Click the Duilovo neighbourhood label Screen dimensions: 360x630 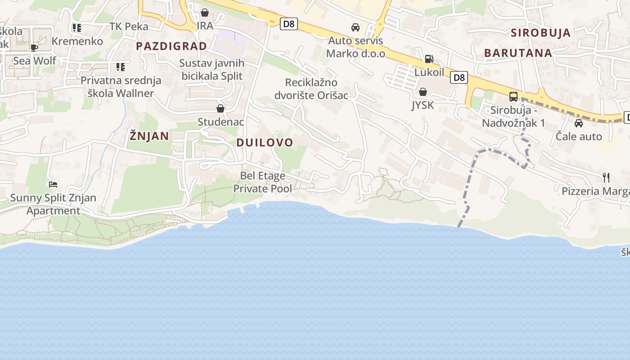click(265, 143)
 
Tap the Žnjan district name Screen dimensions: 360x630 click(149, 136)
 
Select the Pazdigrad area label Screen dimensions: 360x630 click(171, 46)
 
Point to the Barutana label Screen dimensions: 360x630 click(518, 53)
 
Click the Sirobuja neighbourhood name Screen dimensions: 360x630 click(540, 33)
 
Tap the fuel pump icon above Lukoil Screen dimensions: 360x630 click(429, 59)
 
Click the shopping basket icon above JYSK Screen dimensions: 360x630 click(423, 92)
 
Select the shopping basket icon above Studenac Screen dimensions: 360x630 click(220, 108)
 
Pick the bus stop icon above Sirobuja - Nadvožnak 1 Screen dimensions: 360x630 click(513, 96)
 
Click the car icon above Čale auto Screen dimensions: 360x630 click(579, 123)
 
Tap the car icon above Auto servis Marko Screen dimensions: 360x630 click(355, 27)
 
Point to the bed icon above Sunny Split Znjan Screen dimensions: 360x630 click(53, 184)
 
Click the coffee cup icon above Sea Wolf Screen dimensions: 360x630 click(34, 48)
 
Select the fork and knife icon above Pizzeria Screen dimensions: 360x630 click(606, 178)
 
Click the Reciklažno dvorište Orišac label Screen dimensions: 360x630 click(311, 89)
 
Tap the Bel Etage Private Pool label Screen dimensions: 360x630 click(262, 182)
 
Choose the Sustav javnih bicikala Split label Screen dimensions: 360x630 click(212, 69)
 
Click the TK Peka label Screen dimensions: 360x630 click(129, 27)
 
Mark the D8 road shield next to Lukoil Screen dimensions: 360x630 click(459, 77)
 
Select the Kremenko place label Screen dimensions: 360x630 click(77, 41)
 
